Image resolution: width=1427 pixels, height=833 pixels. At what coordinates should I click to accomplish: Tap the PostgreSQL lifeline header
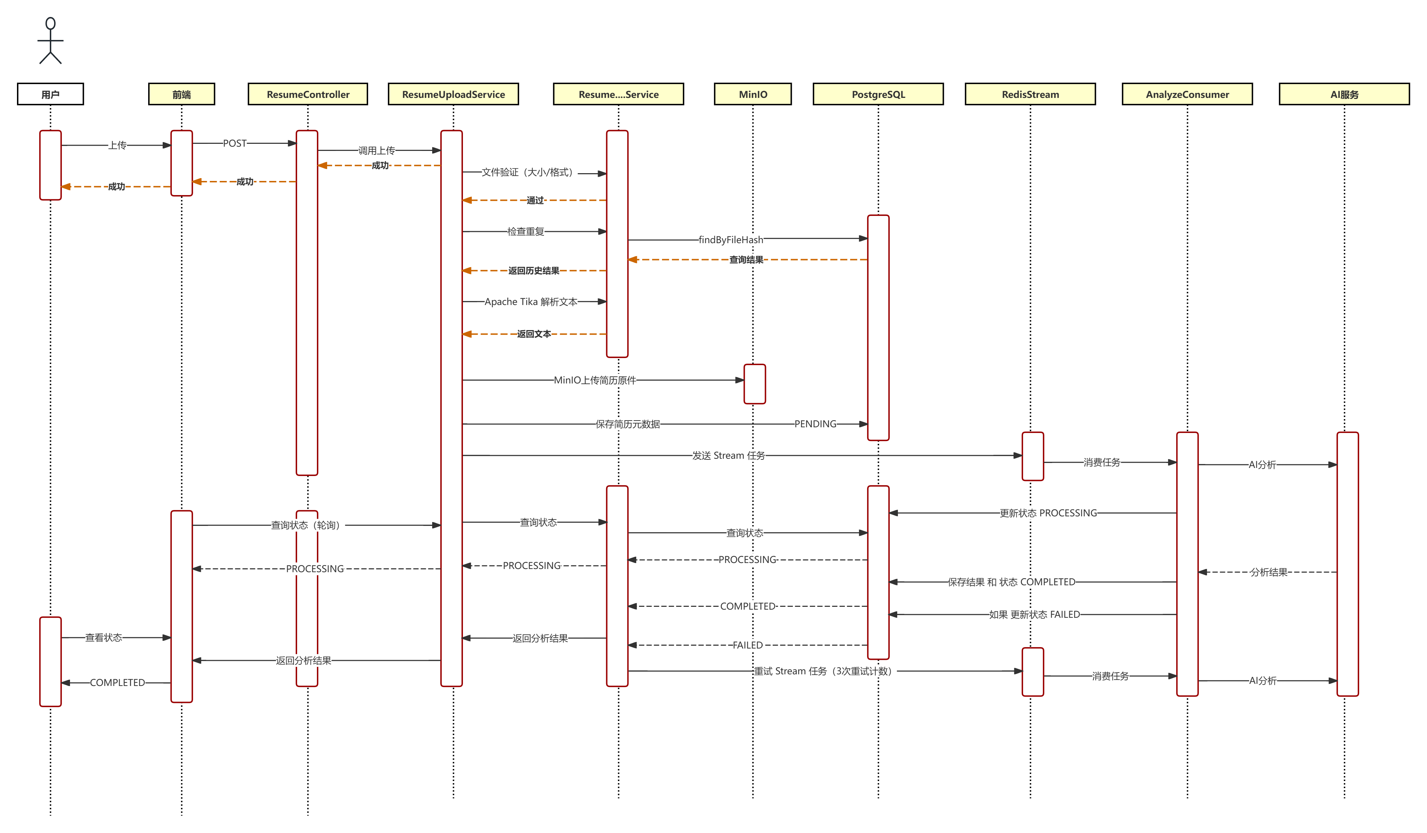(878, 94)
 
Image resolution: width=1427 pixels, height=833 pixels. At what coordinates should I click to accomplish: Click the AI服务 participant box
(1344, 94)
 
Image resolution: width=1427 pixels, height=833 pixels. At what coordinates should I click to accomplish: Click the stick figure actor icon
(51, 41)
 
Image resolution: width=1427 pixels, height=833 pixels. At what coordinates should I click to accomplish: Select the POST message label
(234, 143)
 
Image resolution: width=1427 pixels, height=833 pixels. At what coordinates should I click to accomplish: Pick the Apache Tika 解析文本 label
(530, 301)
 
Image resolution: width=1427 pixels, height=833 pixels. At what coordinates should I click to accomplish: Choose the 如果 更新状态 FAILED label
(1034, 615)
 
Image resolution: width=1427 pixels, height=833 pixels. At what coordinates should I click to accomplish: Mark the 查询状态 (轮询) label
(307, 525)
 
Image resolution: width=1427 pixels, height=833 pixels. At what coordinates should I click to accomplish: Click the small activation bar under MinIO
(754, 384)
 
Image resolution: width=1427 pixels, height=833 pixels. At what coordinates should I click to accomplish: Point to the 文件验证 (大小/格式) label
(529, 172)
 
